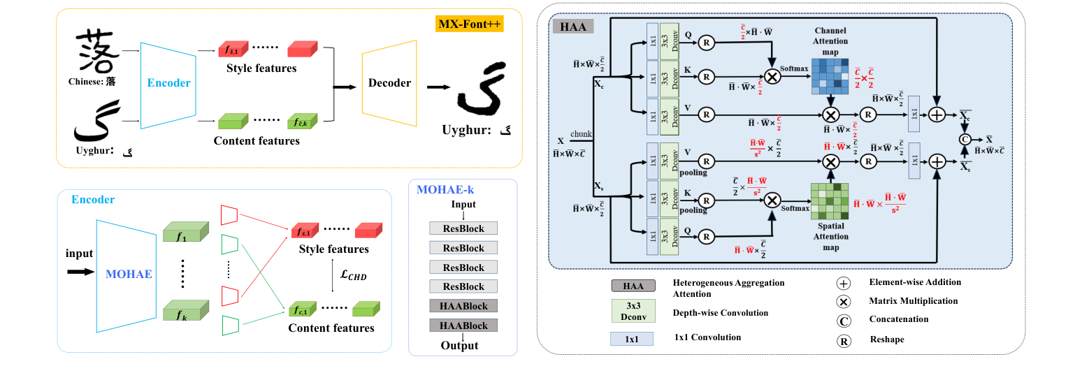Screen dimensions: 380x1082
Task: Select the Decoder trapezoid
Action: click(389, 82)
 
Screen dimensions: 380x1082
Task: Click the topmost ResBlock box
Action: click(463, 228)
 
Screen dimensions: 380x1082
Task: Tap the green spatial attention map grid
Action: click(830, 200)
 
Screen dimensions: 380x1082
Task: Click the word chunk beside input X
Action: click(581, 133)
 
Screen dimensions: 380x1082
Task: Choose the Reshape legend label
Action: click(887, 339)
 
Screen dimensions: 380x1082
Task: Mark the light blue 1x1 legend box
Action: click(632, 339)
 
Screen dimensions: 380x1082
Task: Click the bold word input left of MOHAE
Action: click(79, 254)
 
